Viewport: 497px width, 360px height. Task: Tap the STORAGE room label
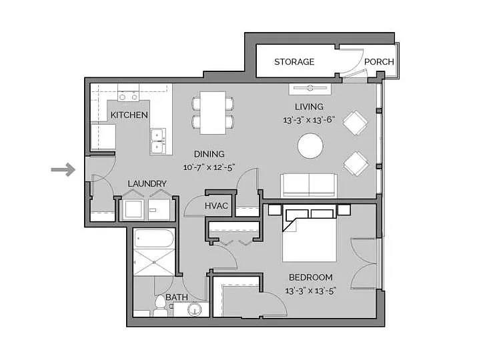click(294, 62)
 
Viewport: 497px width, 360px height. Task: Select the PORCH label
click(379, 62)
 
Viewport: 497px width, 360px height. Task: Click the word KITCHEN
click(129, 115)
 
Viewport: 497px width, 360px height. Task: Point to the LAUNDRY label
click(147, 183)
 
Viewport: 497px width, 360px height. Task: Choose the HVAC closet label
click(217, 206)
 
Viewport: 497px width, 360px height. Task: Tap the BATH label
click(176, 297)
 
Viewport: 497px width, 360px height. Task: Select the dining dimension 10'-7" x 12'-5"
click(209, 167)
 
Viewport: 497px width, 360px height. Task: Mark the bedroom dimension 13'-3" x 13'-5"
click(310, 291)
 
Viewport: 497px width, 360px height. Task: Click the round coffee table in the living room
click(311, 146)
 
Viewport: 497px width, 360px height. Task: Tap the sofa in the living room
click(308, 185)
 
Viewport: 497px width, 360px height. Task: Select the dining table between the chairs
click(213, 111)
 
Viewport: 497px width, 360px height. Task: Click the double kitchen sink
click(157, 141)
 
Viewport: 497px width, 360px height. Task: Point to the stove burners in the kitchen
click(128, 96)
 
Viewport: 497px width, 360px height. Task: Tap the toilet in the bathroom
click(159, 307)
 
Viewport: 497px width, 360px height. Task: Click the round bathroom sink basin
click(194, 310)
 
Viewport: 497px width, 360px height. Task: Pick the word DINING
click(209, 154)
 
